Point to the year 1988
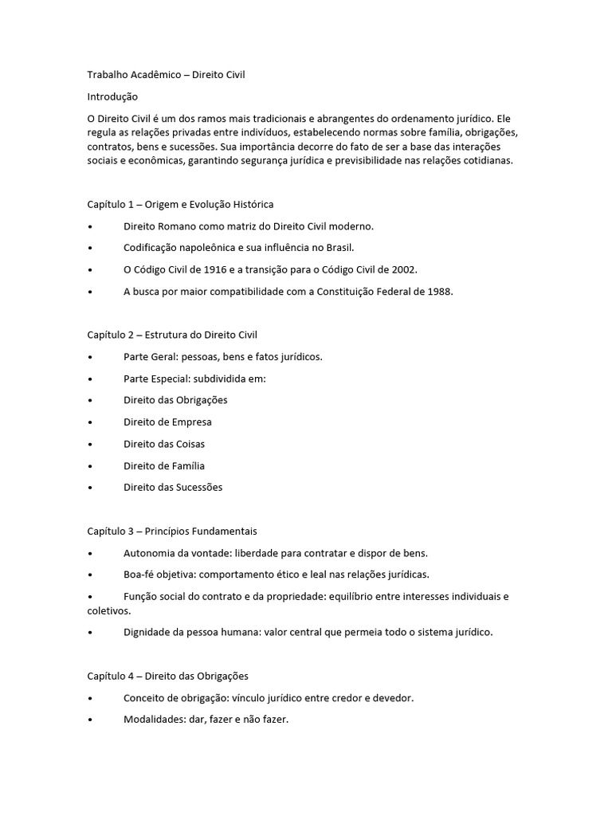click(439, 292)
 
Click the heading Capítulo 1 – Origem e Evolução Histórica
click(180, 204)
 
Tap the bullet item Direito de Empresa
click(167, 422)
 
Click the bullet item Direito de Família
click(164, 465)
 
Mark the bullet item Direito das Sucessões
click(173, 487)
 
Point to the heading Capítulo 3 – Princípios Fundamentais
click(171, 531)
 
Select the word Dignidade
click(147, 633)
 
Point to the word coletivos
click(107, 611)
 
